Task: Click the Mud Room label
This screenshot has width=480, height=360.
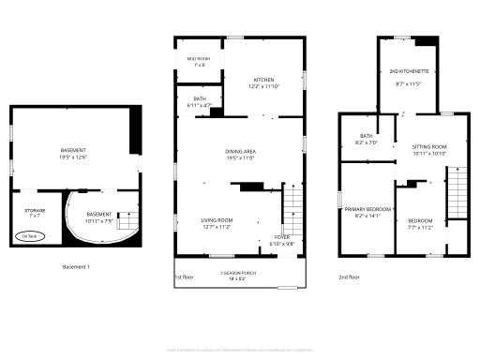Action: (198, 62)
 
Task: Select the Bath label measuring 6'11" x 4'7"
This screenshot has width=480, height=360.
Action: (200, 101)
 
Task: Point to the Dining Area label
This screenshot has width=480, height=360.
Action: (241, 154)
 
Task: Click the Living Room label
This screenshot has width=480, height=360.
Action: (216, 223)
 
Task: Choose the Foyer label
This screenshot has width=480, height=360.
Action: (282, 240)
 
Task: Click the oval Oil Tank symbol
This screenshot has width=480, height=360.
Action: (30, 237)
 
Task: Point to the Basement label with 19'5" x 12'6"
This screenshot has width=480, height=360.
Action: (73, 154)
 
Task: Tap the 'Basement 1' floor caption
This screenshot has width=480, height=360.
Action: (76, 267)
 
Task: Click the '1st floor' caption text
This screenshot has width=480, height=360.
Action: (184, 277)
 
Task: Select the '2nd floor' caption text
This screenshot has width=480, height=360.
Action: (349, 277)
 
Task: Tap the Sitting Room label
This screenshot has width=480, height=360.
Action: (429, 149)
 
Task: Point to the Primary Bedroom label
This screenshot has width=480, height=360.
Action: (367, 212)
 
